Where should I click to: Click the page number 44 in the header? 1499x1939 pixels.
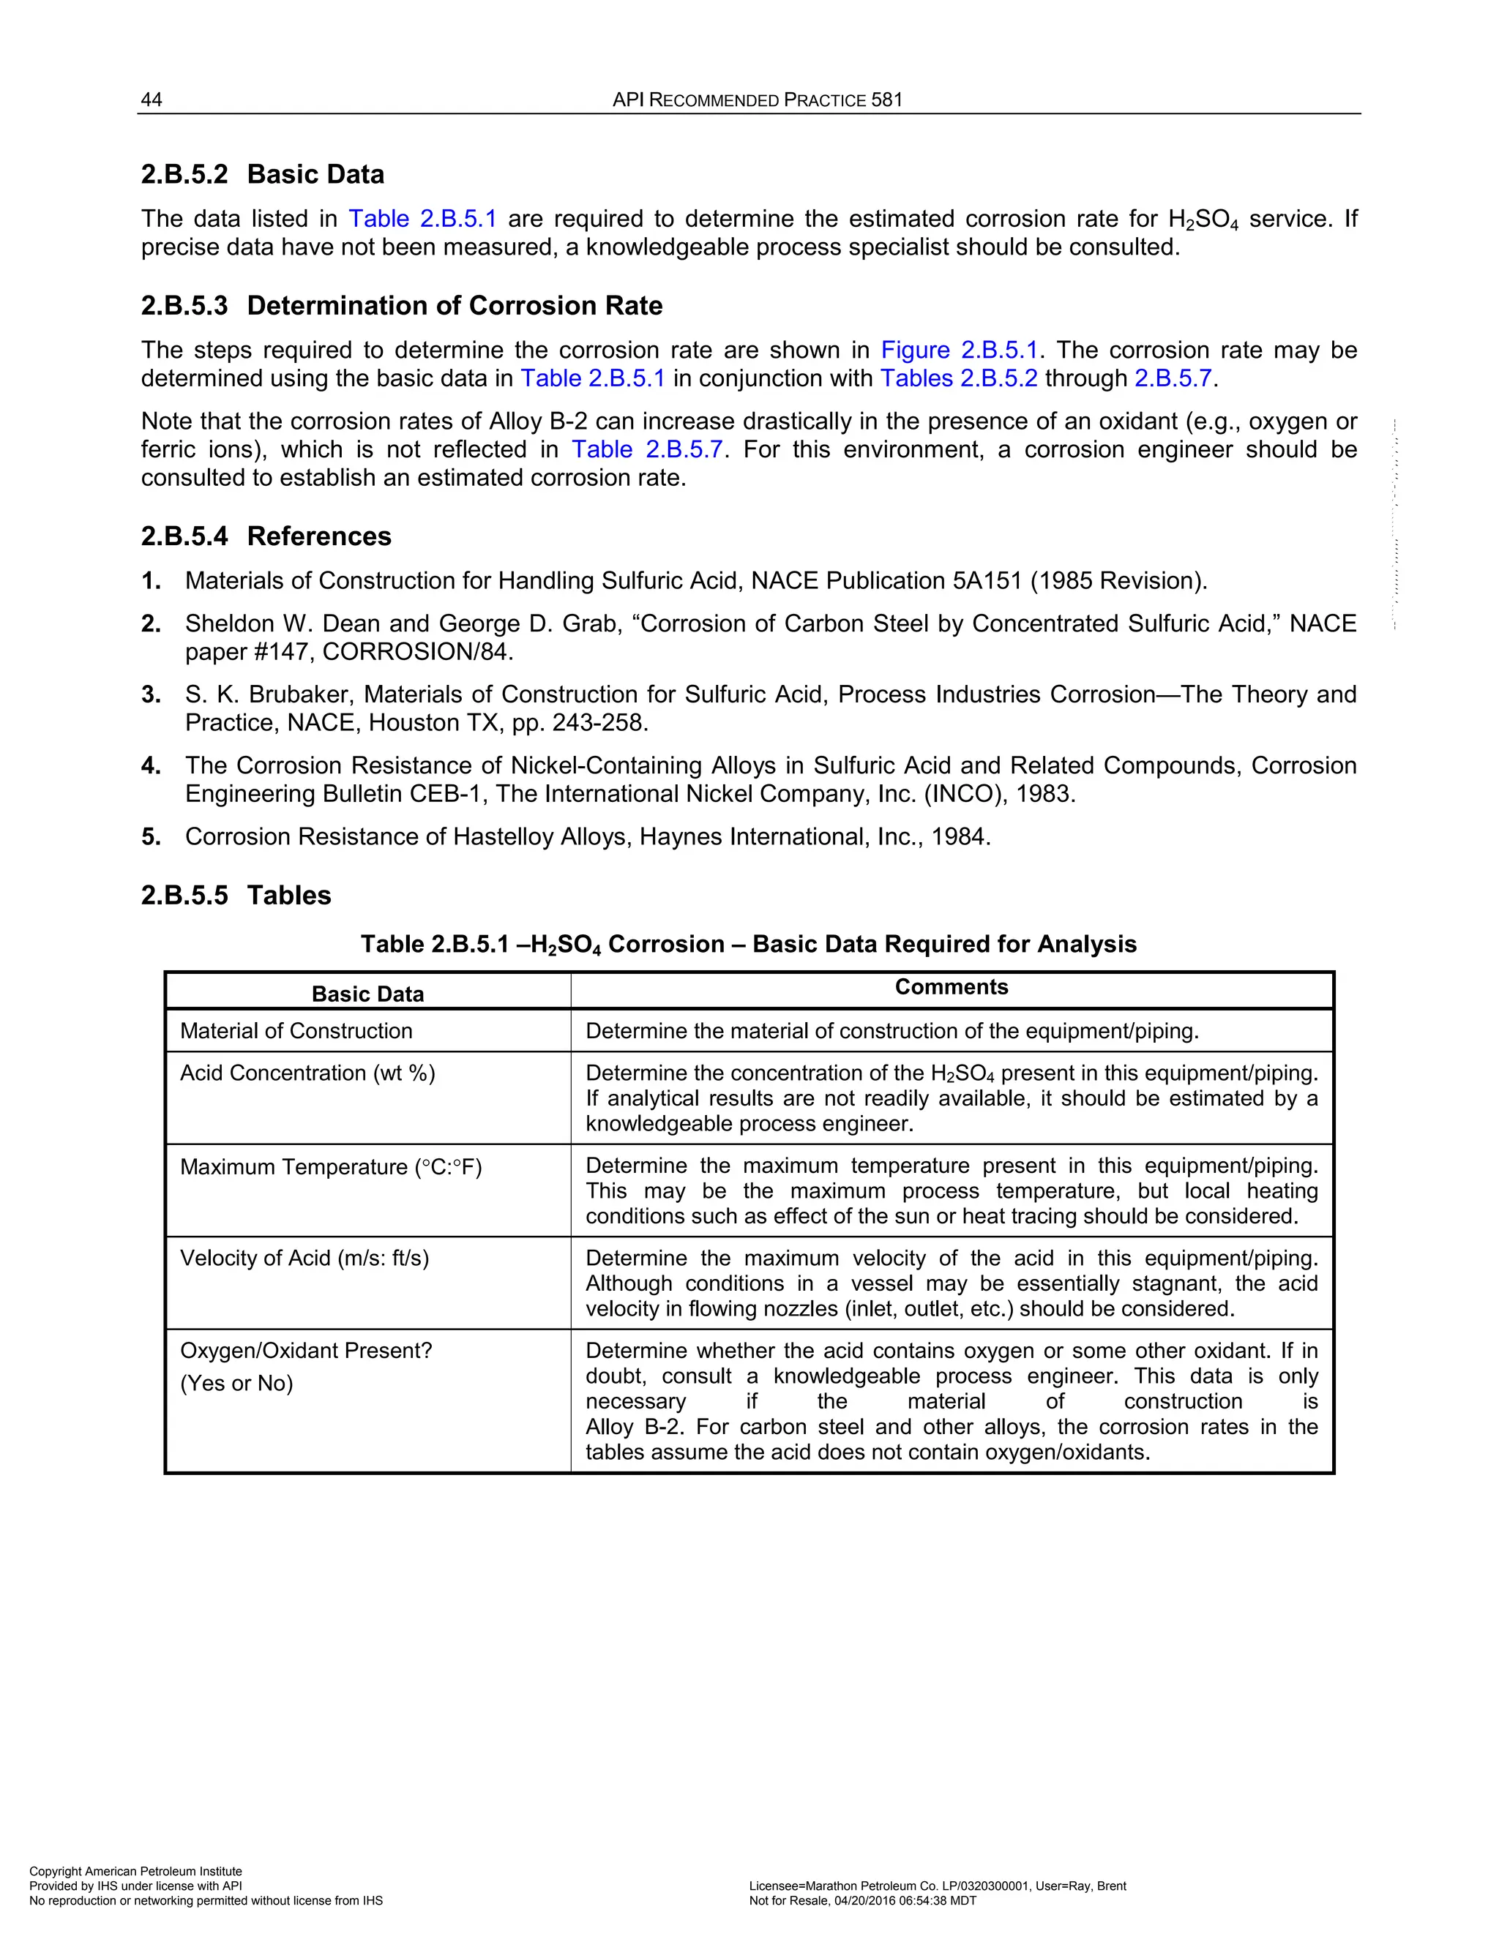(152, 100)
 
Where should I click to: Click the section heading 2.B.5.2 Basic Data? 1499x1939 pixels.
(262, 174)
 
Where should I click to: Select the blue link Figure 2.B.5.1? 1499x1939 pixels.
(958, 350)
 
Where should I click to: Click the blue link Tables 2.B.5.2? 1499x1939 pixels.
(958, 378)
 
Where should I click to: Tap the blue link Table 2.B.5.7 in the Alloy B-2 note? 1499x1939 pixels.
(646, 449)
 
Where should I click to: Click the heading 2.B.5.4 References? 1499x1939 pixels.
(266, 536)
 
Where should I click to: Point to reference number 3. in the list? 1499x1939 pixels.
(151, 694)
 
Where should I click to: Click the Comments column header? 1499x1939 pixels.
(951, 987)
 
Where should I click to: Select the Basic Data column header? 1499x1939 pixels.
(367, 994)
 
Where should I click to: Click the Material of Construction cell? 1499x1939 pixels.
(296, 1031)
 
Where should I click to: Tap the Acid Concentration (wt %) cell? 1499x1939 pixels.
(307, 1073)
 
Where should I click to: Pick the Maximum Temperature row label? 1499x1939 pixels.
(330, 1166)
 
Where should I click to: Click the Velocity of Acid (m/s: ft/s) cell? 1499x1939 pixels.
(304, 1258)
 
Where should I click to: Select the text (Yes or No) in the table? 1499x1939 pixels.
(236, 1383)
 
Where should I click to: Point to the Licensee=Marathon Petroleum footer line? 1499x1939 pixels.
(937, 1886)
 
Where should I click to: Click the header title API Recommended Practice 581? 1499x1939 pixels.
(757, 100)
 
